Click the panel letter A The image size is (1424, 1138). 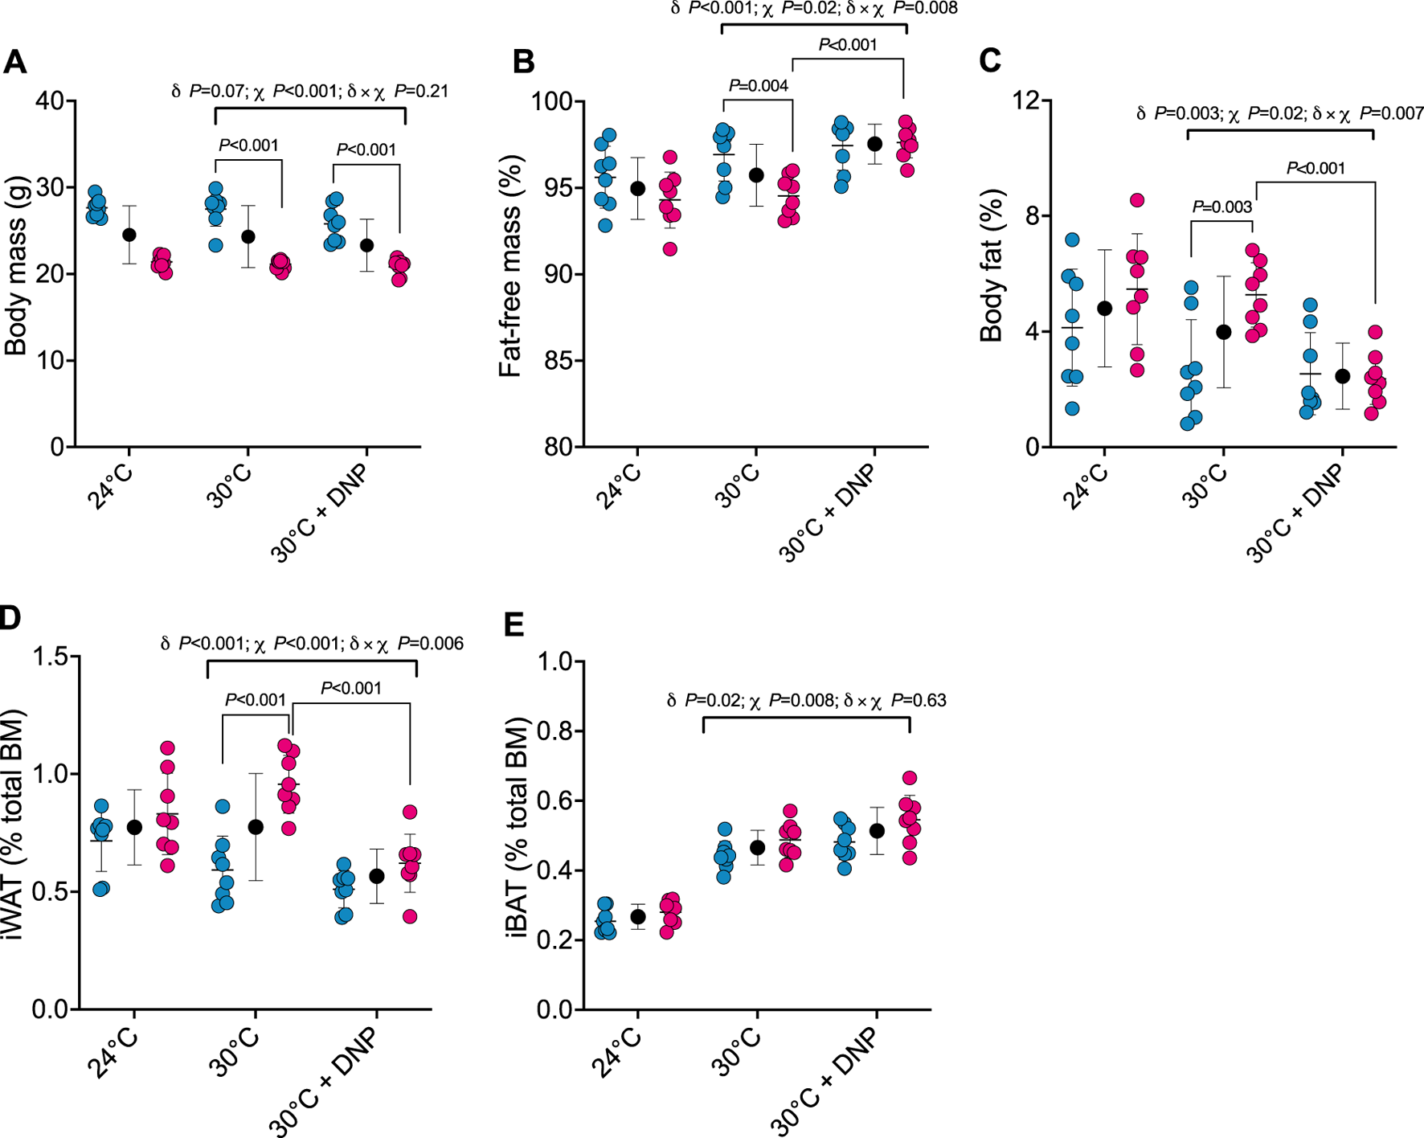14,62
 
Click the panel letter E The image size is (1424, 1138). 514,624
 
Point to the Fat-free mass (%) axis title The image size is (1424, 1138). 510,265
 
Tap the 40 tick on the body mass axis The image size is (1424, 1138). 50,101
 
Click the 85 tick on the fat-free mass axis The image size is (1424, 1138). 554,361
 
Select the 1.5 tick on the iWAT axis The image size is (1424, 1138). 50,657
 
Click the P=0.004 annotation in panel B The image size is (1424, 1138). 758,86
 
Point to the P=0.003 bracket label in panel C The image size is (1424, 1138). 1221,207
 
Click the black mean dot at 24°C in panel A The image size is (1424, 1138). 129,235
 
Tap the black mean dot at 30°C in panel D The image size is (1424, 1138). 256,827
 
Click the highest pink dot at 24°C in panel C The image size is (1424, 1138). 1136,200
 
